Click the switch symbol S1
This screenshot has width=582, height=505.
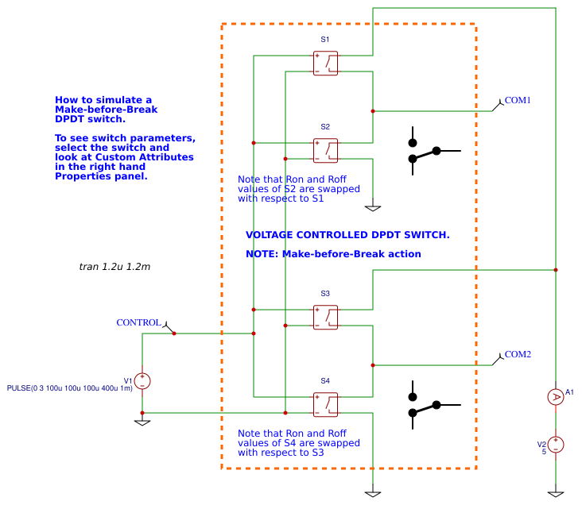click(x=325, y=64)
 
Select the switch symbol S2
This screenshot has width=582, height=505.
click(x=325, y=151)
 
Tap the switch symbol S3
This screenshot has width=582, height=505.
click(x=325, y=317)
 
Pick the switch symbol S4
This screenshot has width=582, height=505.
click(x=325, y=404)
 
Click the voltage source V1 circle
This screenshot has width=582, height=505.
click(x=142, y=381)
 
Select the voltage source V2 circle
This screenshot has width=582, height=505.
click(x=556, y=445)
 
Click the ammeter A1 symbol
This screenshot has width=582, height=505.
click(x=556, y=396)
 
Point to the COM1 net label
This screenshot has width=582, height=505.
click(x=518, y=100)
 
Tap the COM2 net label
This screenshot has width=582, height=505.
click(x=518, y=354)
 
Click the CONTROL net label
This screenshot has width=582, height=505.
click(x=138, y=323)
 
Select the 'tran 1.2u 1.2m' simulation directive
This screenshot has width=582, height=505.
click(x=114, y=267)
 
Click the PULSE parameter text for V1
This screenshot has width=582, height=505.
click(x=69, y=388)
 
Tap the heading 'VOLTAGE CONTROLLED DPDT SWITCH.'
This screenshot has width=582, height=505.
click(x=347, y=235)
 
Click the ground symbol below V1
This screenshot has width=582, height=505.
click(x=142, y=422)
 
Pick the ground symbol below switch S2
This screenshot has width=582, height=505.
click(x=373, y=208)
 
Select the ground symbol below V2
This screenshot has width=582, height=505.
click(x=556, y=494)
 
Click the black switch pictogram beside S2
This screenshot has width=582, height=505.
click(x=430, y=150)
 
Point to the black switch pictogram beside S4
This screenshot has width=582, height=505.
click(x=430, y=405)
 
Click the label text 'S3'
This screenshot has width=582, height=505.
click(x=325, y=294)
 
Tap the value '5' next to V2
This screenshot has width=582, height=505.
click(x=544, y=452)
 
